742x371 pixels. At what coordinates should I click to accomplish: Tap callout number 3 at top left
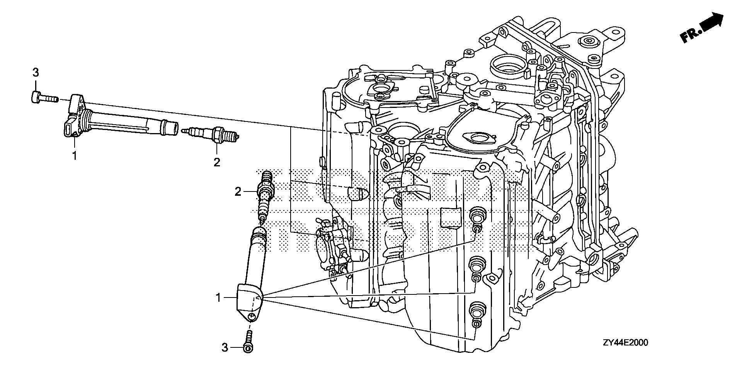pyautogui.click(x=35, y=72)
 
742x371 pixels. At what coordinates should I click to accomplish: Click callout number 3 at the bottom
pyautogui.click(x=225, y=348)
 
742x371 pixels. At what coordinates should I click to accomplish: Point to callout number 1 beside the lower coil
pyautogui.click(x=218, y=297)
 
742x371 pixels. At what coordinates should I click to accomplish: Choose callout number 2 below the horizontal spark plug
pyautogui.click(x=217, y=162)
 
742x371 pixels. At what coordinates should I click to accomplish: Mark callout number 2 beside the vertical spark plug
pyautogui.click(x=238, y=191)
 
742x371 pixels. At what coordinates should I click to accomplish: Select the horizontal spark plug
pyautogui.click(x=213, y=134)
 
